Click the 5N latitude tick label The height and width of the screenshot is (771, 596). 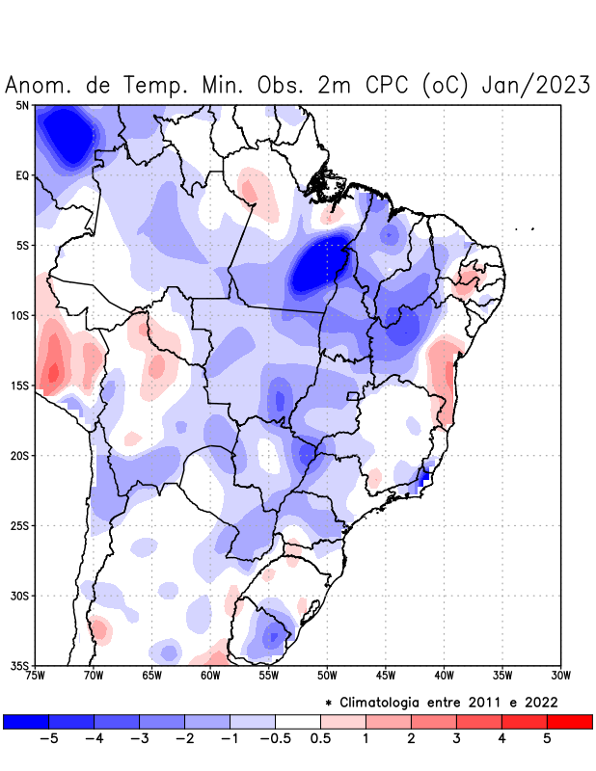pos(22,105)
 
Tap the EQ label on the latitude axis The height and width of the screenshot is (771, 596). pos(22,175)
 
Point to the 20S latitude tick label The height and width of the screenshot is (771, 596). pos(20,456)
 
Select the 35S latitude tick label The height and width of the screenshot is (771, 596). pos(20,665)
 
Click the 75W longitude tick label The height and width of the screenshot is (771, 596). pos(36,676)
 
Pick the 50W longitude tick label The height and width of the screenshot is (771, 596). pos(327,676)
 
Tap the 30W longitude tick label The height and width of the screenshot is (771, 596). pos(560,676)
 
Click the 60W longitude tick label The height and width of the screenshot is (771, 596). pos(210,676)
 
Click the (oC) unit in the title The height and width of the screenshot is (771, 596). pos(445,86)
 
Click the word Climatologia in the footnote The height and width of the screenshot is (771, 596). pos(385,702)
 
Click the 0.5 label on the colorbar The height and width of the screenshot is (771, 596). pos(320,739)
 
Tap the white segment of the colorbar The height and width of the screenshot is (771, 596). pos(298,722)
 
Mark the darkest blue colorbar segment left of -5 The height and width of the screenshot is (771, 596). pos(26,722)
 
